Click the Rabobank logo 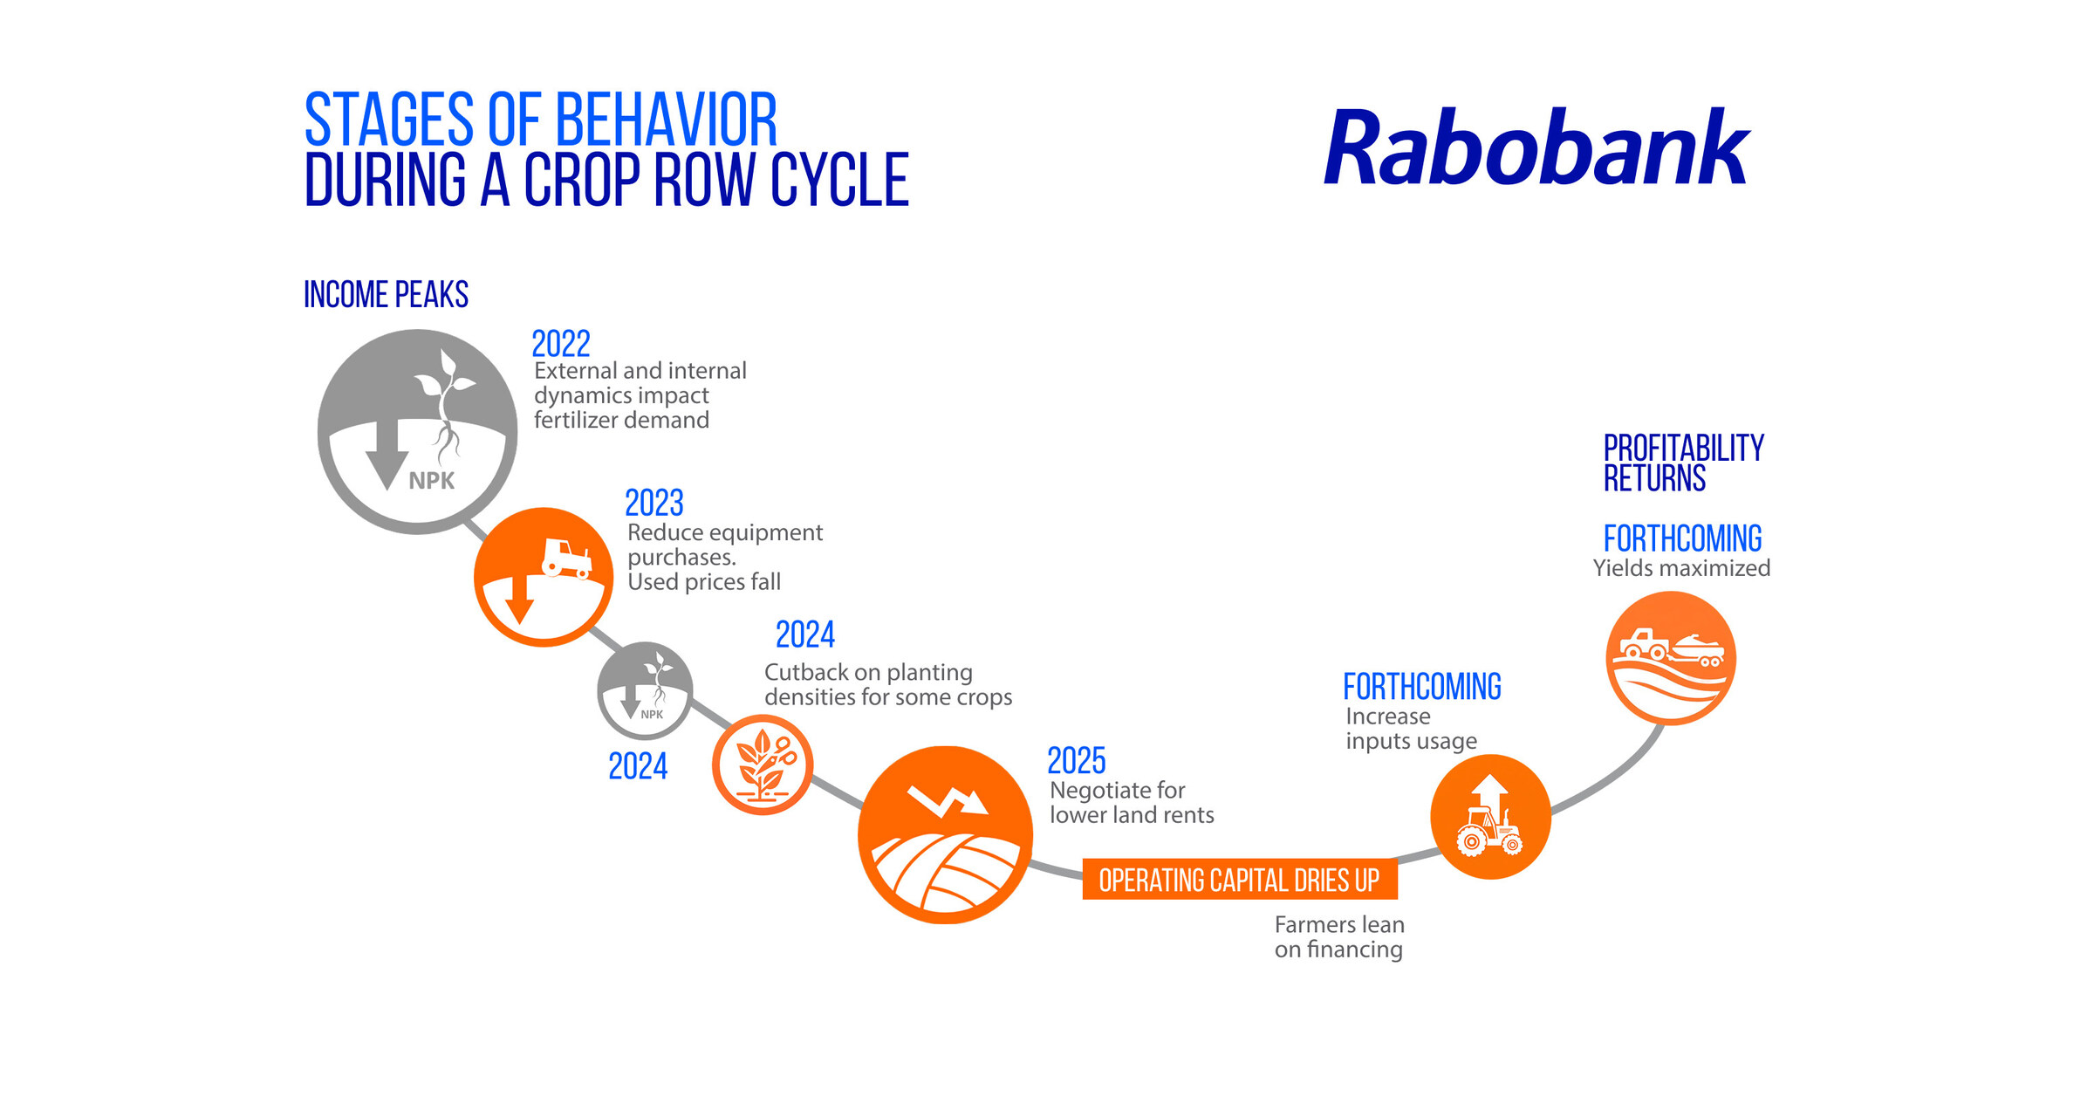(x=1536, y=148)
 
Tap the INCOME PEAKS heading (x=386, y=295)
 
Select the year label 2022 (x=560, y=344)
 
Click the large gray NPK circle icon (x=417, y=431)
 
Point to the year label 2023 (x=654, y=504)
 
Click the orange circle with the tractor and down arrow (x=543, y=577)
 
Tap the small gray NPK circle (x=645, y=690)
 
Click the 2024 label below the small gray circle (x=637, y=766)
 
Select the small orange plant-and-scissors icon (x=763, y=764)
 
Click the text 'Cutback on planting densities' (x=886, y=684)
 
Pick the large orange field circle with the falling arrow (x=945, y=834)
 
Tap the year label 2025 (x=1076, y=761)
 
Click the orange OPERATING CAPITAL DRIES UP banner (x=1239, y=880)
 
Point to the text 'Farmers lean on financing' (x=1338, y=936)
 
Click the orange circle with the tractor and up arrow (x=1490, y=817)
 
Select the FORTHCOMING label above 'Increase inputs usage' (x=1421, y=688)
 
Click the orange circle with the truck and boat (x=1670, y=658)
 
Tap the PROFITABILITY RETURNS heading (x=1682, y=463)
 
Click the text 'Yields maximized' (x=1680, y=568)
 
